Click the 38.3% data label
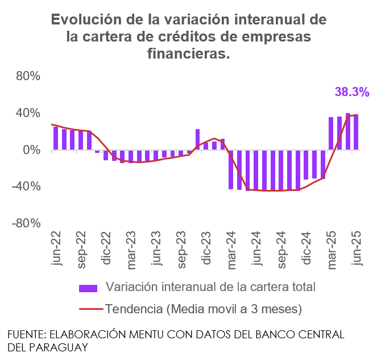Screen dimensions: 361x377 pos(352,92)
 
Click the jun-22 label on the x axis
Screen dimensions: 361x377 pos(56,249)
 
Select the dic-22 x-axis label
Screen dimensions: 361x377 pos(106,249)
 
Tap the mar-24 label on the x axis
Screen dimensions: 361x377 pos(231,249)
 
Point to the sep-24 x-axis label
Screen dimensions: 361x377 pos(281,249)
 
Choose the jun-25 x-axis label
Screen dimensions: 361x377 pos(357,249)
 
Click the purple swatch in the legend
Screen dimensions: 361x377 pos(89,287)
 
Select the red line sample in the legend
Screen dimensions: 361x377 pos(89,309)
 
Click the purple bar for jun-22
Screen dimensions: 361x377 pos(56,138)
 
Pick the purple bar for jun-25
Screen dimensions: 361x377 pos(356,132)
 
